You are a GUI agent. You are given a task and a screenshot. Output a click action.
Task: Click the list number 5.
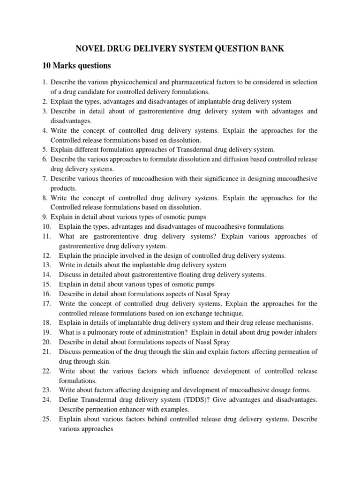(45, 150)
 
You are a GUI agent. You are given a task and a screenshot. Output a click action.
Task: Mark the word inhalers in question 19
(306, 332)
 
